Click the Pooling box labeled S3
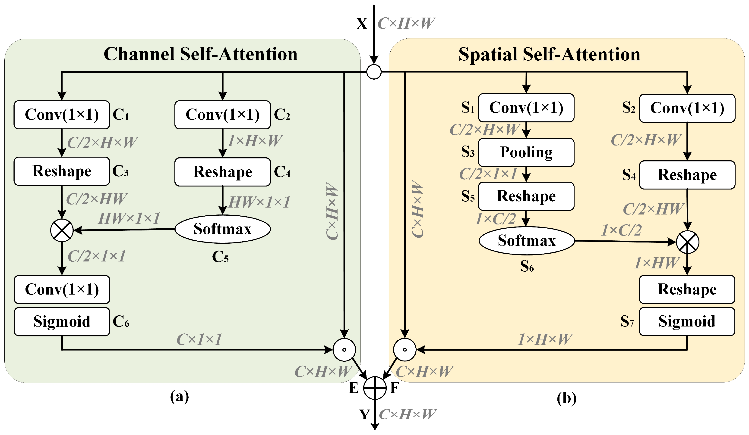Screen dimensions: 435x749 coord(526,152)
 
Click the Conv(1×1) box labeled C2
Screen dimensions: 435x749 coord(222,115)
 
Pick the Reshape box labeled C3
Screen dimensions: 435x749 coord(62,171)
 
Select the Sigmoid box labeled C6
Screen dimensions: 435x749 coord(62,322)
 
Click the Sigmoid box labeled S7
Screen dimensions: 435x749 coord(687,322)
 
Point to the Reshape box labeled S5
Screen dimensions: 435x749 coord(526,196)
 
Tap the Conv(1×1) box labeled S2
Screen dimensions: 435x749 coord(687,108)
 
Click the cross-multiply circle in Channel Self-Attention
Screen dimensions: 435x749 coord(62,230)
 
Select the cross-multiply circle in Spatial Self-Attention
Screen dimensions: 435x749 coord(687,242)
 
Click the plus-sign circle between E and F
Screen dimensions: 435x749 coord(375,388)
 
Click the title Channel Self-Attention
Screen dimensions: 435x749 coord(201,54)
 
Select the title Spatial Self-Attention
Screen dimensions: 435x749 coord(549,54)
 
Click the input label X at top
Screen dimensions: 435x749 coord(362,24)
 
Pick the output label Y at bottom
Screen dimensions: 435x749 coord(365,414)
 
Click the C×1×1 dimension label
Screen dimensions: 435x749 coord(199,339)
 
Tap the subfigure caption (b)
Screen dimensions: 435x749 coord(566,398)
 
